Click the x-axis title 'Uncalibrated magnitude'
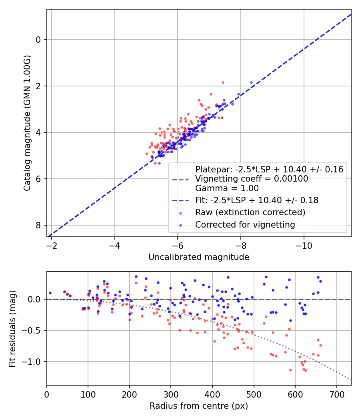199,257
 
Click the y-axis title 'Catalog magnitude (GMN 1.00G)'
27,123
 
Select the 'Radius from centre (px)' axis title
199,406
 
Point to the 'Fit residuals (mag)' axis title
12,329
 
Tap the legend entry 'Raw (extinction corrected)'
250,212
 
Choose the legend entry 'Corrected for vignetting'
245,225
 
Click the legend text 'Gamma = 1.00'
227,188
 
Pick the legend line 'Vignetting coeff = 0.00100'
252,179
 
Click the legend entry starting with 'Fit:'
257,200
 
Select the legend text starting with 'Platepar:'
269,169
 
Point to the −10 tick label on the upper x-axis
304,246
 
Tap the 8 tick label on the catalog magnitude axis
38,225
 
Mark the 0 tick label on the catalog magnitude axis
38,40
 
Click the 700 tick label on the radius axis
336,394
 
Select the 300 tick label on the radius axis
171,394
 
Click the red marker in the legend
180,213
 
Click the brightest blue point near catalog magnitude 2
251,83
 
